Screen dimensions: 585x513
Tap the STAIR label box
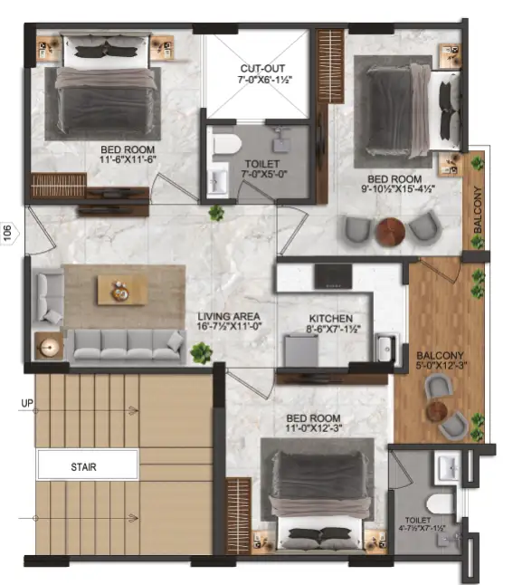tap(88, 467)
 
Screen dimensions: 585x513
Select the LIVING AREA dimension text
tap(229, 324)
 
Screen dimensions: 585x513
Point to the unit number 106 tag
tap(8, 234)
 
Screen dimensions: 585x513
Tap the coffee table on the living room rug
tap(119, 290)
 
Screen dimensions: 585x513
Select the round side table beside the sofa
tap(49, 346)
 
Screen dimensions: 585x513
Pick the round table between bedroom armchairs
tap(390, 232)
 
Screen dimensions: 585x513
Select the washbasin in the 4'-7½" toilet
tap(447, 467)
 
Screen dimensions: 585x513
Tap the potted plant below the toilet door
tap(215, 213)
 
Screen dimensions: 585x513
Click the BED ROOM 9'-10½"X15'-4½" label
tap(391, 184)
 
